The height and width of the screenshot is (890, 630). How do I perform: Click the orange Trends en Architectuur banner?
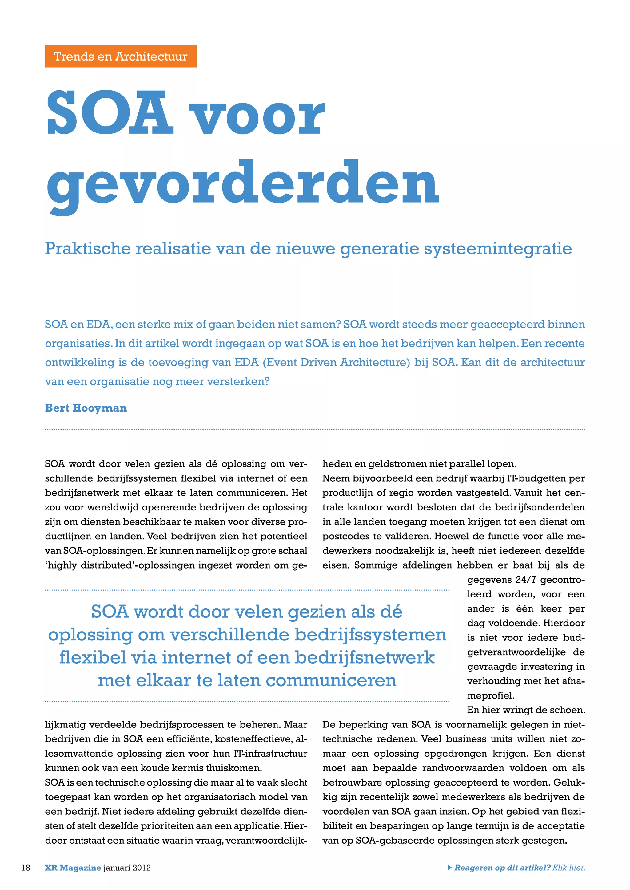tap(120, 57)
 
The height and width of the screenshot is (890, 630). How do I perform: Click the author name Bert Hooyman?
tap(86, 408)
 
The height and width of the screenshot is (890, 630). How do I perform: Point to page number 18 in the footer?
tap(26, 868)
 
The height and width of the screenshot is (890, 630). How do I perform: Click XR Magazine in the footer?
tap(73, 868)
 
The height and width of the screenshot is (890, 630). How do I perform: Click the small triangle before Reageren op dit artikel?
tap(450, 868)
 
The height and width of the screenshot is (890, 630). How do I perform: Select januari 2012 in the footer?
tap(127, 868)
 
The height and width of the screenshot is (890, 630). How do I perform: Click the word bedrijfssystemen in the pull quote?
tap(370, 635)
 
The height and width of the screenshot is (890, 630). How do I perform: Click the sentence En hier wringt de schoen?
tap(526, 710)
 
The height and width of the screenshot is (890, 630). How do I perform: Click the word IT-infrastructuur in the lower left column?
tap(270, 754)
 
